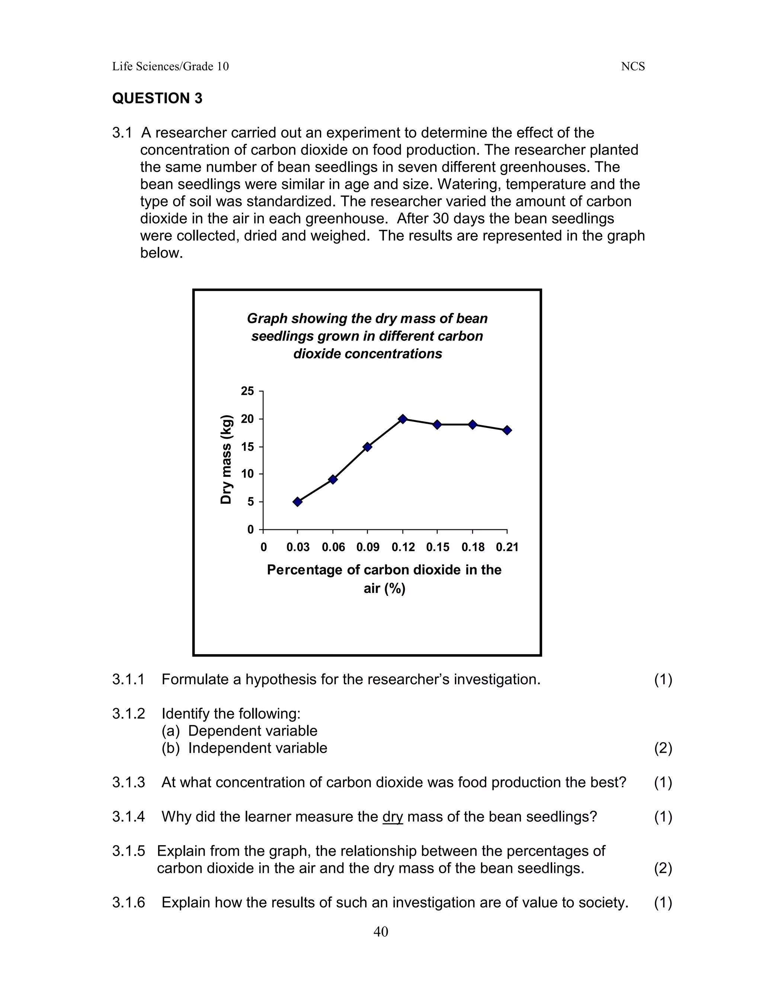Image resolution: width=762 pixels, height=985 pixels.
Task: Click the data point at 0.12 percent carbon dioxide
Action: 403,419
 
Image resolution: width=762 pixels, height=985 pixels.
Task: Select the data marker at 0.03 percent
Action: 298,501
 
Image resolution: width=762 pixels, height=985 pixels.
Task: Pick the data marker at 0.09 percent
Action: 368,447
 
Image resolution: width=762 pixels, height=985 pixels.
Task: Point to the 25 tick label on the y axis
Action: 247,391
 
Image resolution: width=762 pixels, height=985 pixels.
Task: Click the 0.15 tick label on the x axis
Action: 438,547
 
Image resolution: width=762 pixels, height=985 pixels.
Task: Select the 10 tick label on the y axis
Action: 247,474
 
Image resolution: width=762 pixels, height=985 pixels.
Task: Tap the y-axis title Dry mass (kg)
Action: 226,459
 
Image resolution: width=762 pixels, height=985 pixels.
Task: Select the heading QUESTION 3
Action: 157,98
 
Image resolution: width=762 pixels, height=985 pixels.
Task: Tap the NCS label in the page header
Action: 633,67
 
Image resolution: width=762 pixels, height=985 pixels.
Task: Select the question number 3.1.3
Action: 128,782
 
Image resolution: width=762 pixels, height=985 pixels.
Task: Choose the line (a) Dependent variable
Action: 239,731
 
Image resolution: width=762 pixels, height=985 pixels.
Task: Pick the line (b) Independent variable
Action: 244,748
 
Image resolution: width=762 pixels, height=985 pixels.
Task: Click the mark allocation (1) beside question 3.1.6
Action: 663,902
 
